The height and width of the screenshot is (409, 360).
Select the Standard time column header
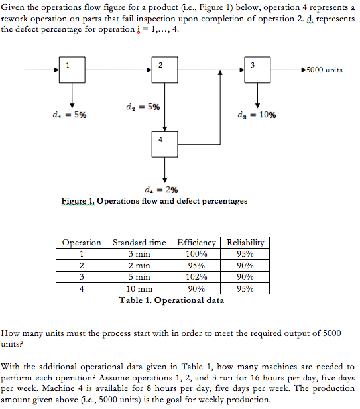pos(139,243)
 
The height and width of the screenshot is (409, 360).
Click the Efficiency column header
pos(197,243)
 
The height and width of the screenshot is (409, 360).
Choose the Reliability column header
pos(245,243)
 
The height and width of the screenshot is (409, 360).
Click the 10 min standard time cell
pos(139,288)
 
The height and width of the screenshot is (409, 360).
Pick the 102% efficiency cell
pos(197,277)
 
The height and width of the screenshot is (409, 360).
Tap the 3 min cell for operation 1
pos(139,254)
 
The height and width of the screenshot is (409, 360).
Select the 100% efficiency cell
pos(197,254)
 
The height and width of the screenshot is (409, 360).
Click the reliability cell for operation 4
pos(245,288)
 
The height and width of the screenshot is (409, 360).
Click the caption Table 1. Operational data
pos(171,300)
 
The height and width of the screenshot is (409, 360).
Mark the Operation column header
pos(82,243)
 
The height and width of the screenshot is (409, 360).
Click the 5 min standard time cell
pos(139,277)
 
